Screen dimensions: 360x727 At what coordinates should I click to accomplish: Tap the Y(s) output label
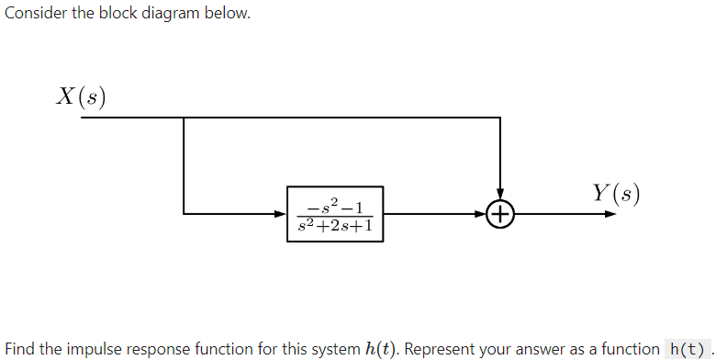point(616,193)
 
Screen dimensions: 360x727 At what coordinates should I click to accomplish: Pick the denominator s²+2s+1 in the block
point(334,225)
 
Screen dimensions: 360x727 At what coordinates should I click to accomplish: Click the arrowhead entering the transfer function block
point(282,215)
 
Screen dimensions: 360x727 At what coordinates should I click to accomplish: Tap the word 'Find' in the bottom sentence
point(19,348)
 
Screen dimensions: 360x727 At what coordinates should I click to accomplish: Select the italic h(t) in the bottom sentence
point(379,348)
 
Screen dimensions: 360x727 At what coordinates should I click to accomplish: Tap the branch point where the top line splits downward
point(185,118)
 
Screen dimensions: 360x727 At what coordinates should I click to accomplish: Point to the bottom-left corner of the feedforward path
point(185,215)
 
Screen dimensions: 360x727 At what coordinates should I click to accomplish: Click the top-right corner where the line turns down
point(499,118)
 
